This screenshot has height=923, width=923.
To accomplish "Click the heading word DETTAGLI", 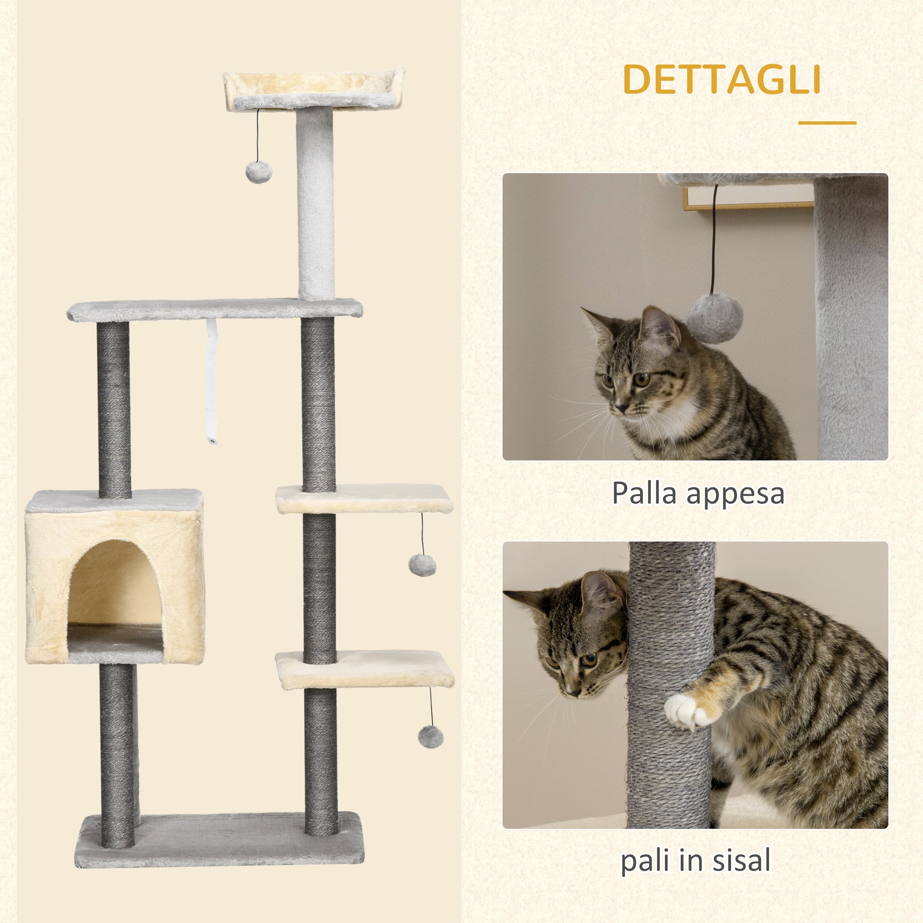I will click(x=721, y=79).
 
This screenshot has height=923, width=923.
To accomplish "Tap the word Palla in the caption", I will click(x=643, y=493).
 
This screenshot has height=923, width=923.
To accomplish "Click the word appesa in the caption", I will click(x=735, y=495).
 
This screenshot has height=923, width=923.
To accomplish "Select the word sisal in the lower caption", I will click(x=742, y=860).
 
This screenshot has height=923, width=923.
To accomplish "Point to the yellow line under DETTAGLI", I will click(x=827, y=123).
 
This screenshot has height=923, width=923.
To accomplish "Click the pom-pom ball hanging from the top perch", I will click(x=258, y=172).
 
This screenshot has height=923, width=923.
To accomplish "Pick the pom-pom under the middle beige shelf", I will click(x=422, y=565).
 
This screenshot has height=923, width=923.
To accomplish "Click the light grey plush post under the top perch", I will click(x=315, y=203).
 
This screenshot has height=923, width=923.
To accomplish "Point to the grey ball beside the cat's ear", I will click(x=714, y=318).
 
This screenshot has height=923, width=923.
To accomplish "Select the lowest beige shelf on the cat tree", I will click(x=365, y=669).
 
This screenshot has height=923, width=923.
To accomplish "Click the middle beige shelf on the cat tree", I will click(x=364, y=498).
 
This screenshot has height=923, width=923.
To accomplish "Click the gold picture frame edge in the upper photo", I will click(x=745, y=206).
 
